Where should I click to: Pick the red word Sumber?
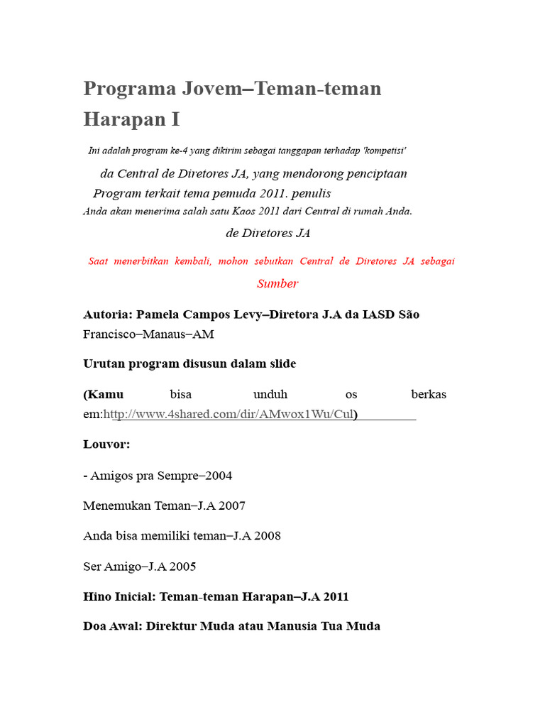[x=277, y=283]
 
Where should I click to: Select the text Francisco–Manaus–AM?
[x=148, y=334]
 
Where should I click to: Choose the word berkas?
[x=429, y=394]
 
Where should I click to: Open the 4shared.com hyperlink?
[x=229, y=414]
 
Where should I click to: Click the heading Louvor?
[x=106, y=444]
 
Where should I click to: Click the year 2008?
[x=266, y=535]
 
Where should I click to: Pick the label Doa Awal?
[x=112, y=626]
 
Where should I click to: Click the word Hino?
[x=97, y=596]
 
